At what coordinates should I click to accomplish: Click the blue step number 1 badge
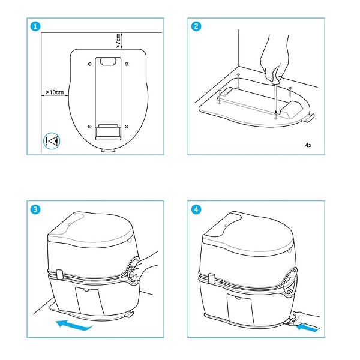[35, 26]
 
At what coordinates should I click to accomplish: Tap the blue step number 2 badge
[196, 26]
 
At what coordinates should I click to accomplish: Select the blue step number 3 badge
[35, 209]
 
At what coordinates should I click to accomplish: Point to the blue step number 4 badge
[196, 209]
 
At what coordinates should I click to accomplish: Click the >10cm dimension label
[55, 92]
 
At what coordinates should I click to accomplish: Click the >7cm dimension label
[118, 41]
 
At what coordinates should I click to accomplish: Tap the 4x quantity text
[308, 145]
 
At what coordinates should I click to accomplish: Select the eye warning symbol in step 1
[52, 141]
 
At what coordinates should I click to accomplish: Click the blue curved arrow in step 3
[74, 325]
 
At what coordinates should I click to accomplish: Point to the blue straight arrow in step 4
[307, 328]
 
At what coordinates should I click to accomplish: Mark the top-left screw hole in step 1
[90, 64]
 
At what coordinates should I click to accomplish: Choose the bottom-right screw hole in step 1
[127, 127]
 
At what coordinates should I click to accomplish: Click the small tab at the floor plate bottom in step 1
[109, 150]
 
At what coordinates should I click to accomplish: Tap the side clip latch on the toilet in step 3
[59, 274]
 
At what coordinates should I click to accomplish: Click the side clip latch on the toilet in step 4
[211, 278]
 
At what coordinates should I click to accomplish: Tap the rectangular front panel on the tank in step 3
[90, 301]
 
